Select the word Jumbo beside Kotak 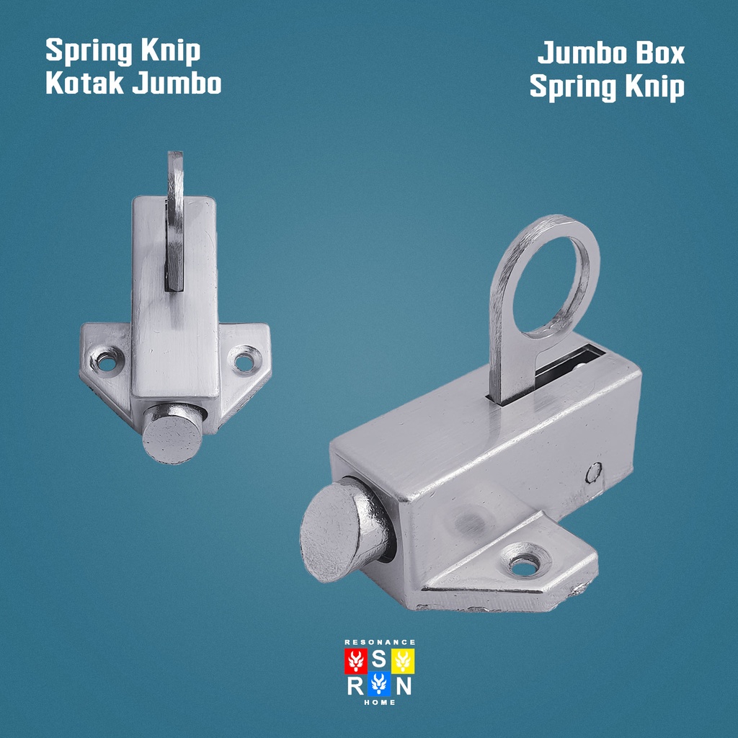[177, 84]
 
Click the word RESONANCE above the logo [380, 642]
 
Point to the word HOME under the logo [380, 702]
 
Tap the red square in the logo [355, 661]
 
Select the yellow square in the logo [404, 661]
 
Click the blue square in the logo [379, 685]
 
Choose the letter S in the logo [379, 660]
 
